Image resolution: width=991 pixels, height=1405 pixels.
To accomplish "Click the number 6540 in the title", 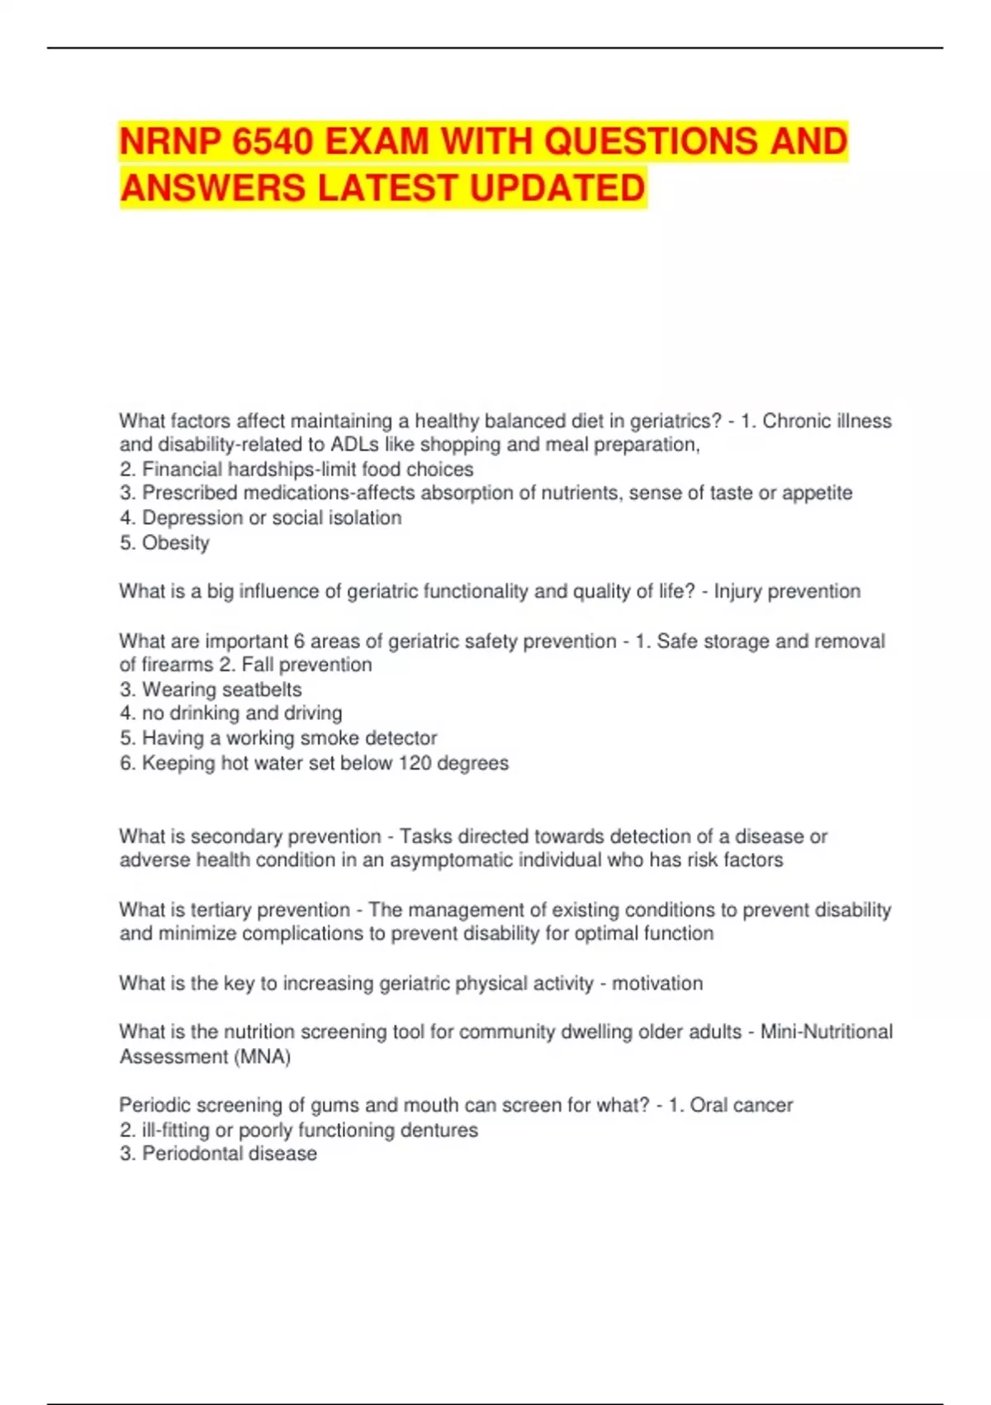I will pyautogui.click(x=273, y=141).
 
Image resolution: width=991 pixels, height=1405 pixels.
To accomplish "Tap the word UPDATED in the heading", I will pyautogui.click(x=557, y=188).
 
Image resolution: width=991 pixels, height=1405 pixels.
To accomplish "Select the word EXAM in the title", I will pyautogui.click(x=377, y=141).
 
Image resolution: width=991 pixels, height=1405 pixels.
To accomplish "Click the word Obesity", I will pyautogui.click(x=176, y=543).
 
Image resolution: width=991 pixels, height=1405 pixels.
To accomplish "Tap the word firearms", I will pyautogui.click(x=177, y=665).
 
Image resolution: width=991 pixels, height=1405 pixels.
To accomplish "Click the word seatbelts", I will pyautogui.click(x=262, y=689).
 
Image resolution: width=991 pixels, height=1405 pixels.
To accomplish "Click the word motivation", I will pyautogui.click(x=657, y=983).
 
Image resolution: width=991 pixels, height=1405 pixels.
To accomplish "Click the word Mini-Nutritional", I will pyautogui.click(x=827, y=1032).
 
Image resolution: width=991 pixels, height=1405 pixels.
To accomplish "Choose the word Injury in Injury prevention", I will pyautogui.click(x=738, y=592).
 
